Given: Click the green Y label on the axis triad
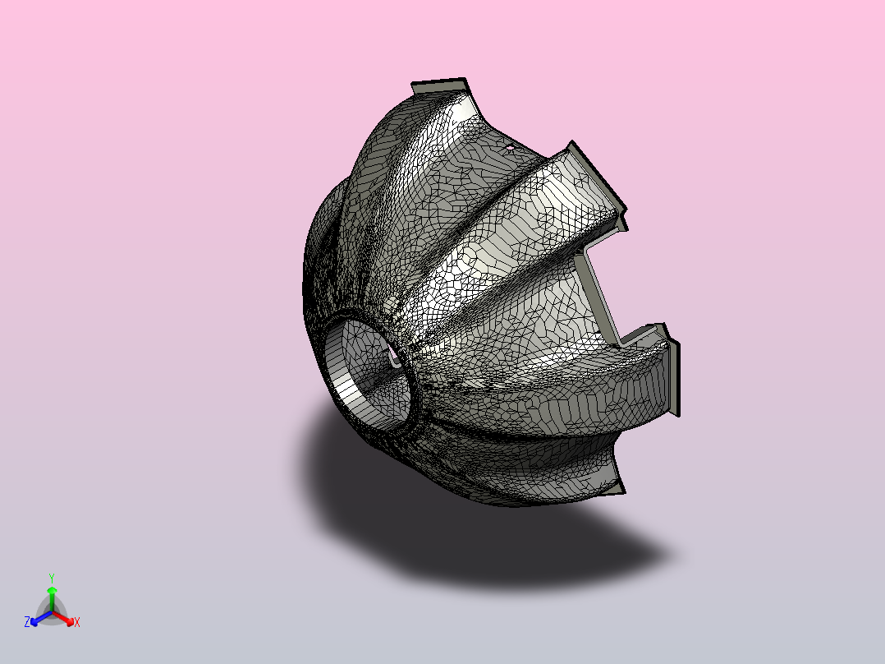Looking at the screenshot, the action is [x=52, y=579].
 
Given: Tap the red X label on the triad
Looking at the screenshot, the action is [x=77, y=622].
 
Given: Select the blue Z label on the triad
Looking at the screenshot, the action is [x=27, y=622].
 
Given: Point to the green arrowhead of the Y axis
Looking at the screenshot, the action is [x=52, y=590].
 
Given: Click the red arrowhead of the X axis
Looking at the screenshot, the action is [x=70, y=621].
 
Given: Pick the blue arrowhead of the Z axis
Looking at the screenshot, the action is [x=34, y=622].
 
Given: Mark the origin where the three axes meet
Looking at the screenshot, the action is [x=52, y=612].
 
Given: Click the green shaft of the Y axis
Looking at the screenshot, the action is [x=52, y=602].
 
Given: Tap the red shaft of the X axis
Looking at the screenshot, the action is [x=61, y=616].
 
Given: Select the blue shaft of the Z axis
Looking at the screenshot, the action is [x=44, y=617].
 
